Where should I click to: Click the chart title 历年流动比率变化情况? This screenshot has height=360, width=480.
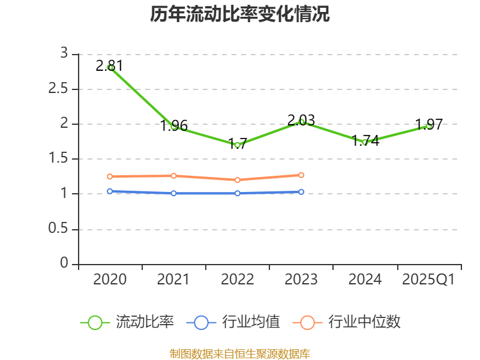point(240,14)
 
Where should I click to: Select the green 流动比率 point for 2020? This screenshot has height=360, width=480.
point(110,67)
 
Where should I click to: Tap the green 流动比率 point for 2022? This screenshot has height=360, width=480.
point(238,145)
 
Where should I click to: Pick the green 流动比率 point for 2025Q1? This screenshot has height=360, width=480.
point(429,125)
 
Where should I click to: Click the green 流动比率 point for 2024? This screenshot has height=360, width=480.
point(365,142)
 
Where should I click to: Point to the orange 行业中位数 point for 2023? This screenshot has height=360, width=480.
point(301,175)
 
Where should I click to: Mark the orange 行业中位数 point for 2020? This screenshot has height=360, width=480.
point(110,176)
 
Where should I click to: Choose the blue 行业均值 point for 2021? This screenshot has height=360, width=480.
point(173,193)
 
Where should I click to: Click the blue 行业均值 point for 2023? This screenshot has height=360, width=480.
point(301,192)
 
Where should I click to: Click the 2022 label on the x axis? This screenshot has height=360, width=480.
point(238,280)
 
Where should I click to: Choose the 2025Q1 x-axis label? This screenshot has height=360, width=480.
point(428,280)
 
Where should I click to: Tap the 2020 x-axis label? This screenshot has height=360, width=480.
point(110,280)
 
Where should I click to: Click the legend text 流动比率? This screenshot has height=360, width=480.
point(145,322)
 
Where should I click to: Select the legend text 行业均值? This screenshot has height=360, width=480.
point(251,322)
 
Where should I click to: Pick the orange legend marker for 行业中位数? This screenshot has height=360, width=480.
point(307,322)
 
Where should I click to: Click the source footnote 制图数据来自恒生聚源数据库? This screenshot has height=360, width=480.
point(240,353)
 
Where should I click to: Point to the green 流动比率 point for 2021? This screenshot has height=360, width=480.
point(173,126)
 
